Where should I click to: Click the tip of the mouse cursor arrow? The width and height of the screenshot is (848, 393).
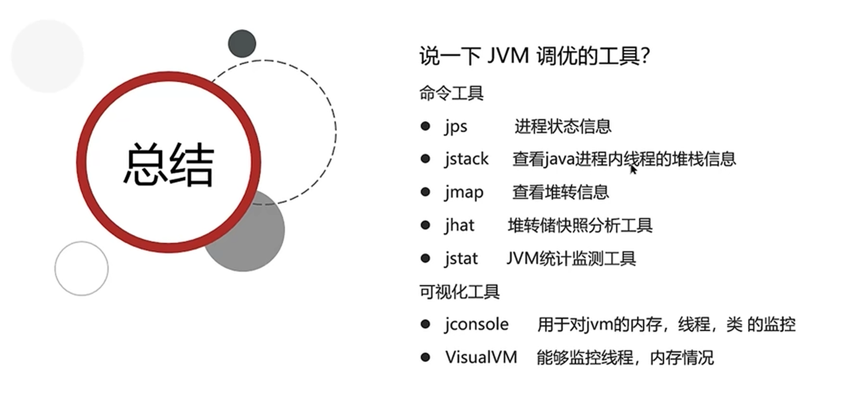[631, 165]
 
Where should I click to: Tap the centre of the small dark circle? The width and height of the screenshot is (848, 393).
[242, 43]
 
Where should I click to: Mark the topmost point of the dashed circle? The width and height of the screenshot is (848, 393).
[264, 60]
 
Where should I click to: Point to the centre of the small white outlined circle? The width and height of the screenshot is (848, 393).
[81, 268]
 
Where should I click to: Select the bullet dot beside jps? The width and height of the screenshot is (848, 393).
[425, 126]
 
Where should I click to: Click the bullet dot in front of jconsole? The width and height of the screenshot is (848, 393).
[425, 324]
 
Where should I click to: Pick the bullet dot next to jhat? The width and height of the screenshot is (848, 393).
[425, 225]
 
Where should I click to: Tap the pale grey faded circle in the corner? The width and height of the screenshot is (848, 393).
[47, 56]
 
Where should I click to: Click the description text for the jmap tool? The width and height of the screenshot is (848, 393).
[561, 192]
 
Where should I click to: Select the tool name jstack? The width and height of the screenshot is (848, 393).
[466, 159]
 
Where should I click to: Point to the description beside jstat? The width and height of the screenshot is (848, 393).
[571, 259]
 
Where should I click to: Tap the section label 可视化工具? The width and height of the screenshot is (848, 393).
[459, 292]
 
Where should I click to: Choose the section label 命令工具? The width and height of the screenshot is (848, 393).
[451, 93]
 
